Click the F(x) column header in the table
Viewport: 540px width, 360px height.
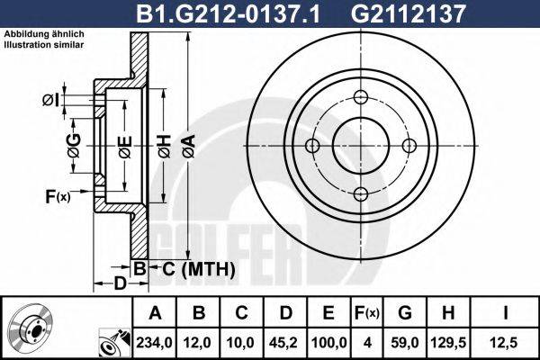367,313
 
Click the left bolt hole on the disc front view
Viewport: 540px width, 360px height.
312,147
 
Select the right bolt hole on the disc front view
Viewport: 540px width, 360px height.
409,147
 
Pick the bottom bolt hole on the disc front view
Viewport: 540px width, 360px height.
361,194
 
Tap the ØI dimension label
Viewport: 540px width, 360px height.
51,98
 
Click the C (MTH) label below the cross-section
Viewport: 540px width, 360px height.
199,268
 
